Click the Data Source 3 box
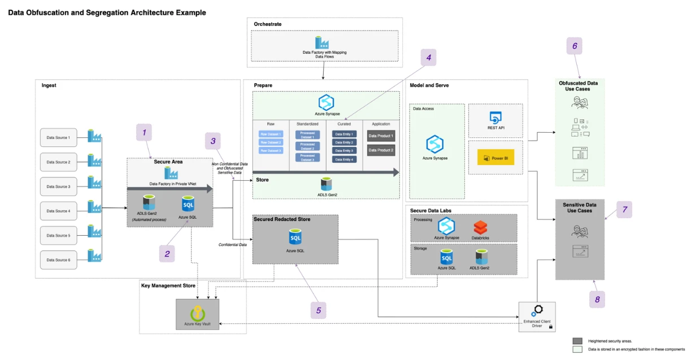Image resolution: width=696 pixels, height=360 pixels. point(58,186)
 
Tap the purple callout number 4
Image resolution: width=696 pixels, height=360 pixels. point(429,57)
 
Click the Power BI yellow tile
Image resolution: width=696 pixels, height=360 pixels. point(495,158)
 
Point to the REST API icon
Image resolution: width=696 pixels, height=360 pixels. point(495,118)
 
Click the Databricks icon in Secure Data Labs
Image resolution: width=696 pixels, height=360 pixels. point(480,228)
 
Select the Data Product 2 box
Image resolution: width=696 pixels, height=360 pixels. point(381,150)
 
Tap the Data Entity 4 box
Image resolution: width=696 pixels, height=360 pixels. point(344,159)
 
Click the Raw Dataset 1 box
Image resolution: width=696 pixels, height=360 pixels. point(270,135)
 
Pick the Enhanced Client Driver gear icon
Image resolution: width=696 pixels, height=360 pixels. point(536,311)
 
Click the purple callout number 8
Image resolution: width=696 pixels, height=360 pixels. point(597,299)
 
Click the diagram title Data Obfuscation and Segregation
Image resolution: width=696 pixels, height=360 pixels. point(107,12)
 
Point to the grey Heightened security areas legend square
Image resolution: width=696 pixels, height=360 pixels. point(577,341)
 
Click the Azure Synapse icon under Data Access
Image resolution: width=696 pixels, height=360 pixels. point(436,144)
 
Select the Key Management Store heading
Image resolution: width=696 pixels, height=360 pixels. point(169,285)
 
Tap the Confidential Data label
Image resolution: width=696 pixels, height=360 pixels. point(232,245)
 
